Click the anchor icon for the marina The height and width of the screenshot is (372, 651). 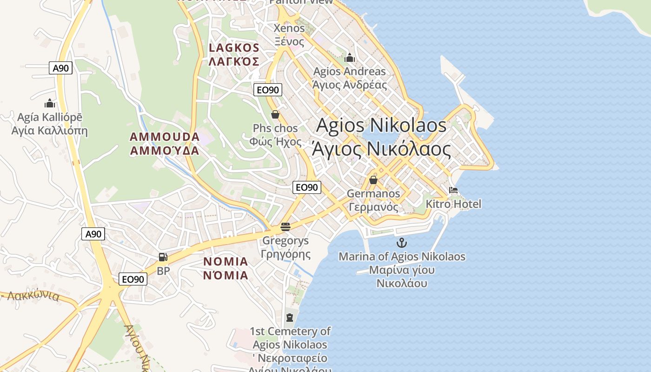(x=401, y=242)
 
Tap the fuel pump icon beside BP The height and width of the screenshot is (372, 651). (x=163, y=257)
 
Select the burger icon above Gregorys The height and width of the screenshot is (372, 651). (x=286, y=227)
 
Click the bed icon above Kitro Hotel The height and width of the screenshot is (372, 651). (x=453, y=190)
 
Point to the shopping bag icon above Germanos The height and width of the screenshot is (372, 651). (x=373, y=180)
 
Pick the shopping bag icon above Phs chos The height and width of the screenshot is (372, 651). (x=275, y=114)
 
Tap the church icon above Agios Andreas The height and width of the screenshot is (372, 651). (x=350, y=58)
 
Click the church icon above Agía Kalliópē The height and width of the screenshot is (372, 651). (x=50, y=103)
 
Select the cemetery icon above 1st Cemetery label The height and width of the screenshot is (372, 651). (x=290, y=318)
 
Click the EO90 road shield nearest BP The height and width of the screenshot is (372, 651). (x=133, y=279)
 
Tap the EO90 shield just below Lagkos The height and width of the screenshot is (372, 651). (x=268, y=90)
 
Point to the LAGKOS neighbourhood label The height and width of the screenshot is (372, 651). (x=233, y=54)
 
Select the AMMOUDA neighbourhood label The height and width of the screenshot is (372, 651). (x=165, y=144)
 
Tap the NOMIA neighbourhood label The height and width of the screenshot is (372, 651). (x=226, y=268)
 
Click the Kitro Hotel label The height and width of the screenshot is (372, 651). (x=453, y=204)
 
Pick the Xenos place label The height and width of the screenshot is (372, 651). (x=289, y=34)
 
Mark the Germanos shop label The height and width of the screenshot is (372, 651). (x=373, y=200)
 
